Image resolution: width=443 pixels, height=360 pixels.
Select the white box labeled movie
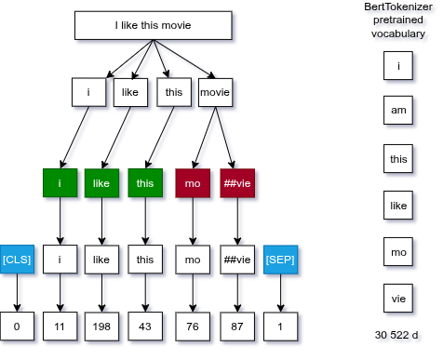214,93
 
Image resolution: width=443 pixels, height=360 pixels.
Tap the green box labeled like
101,183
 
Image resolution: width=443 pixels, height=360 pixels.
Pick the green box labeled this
144,183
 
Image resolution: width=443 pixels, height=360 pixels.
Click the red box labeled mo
194,183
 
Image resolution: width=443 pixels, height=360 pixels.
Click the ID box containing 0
18,327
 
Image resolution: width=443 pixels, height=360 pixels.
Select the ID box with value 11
60,327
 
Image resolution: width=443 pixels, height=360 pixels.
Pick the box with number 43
144,327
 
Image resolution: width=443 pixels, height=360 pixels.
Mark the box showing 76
194,327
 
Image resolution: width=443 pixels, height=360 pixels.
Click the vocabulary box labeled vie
398,299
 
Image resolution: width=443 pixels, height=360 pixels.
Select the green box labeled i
60,183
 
